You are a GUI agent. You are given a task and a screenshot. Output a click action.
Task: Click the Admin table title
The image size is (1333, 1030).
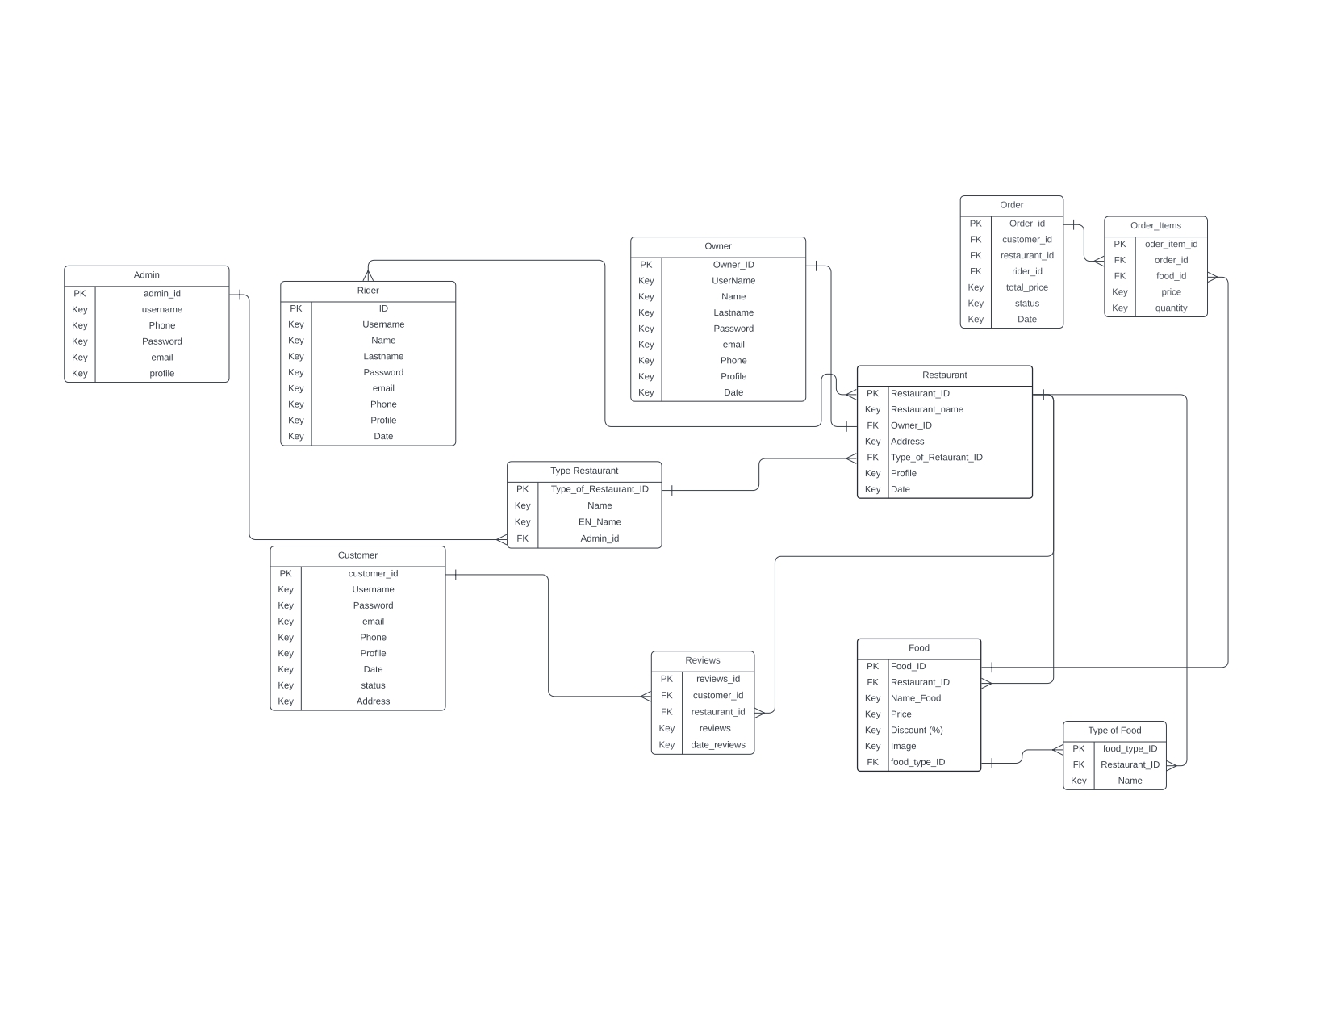pyautogui.click(x=146, y=275)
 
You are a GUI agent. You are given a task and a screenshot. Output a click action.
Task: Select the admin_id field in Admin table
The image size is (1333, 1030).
pyautogui.click(x=161, y=294)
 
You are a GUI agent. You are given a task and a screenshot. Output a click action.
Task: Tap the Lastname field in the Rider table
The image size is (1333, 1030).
pyautogui.click(x=383, y=357)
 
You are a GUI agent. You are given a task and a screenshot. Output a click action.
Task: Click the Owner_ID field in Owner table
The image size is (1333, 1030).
pyautogui.click(x=733, y=265)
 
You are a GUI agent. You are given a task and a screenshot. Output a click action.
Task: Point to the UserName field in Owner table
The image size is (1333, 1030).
pyautogui.click(x=733, y=281)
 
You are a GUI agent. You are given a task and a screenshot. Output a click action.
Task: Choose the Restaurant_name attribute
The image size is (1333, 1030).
pyautogui.click(x=926, y=410)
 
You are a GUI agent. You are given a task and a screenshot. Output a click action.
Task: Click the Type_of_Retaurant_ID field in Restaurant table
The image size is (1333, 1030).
pyautogui.click(x=936, y=458)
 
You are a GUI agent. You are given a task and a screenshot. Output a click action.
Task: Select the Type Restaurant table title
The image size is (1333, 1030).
pyautogui.click(x=584, y=471)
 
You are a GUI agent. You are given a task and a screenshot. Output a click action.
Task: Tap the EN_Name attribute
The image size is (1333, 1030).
pyautogui.click(x=600, y=522)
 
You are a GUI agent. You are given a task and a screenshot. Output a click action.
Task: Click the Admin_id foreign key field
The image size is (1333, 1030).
pyautogui.click(x=600, y=539)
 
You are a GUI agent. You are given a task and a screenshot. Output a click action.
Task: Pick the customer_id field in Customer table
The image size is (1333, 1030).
pyautogui.click(x=373, y=574)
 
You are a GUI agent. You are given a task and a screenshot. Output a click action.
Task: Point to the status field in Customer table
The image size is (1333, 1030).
pyautogui.click(x=373, y=686)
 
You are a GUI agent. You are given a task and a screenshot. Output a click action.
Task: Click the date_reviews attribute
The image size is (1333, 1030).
pyautogui.click(x=717, y=745)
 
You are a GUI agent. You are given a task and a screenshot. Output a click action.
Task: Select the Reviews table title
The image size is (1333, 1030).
pyautogui.click(x=702, y=660)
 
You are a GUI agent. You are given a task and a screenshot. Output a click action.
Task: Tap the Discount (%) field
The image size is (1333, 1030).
pyautogui.click(x=917, y=731)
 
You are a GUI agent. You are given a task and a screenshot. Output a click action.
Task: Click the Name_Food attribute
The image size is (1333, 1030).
pyautogui.click(x=916, y=698)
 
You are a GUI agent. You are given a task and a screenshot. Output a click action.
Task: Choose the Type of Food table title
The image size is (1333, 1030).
pyautogui.click(x=1114, y=731)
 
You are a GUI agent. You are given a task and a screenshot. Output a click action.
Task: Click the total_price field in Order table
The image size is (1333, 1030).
pyautogui.click(x=1026, y=287)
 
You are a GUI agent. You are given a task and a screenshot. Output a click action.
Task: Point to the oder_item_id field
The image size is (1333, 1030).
pyautogui.click(x=1171, y=245)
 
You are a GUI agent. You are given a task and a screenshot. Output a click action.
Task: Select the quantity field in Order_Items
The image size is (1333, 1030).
pyautogui.click(x=1171, y=308)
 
